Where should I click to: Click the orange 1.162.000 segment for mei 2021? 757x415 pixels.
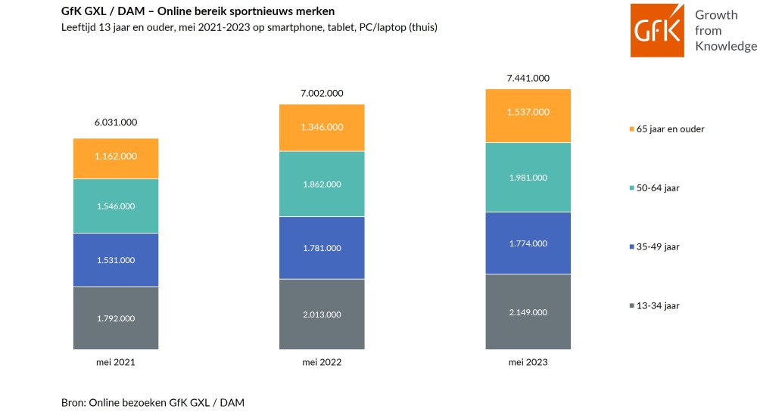pos(116,159)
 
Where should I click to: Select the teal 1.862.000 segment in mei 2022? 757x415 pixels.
pos(322,184)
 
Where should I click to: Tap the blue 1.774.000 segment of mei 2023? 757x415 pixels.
pos(528,243)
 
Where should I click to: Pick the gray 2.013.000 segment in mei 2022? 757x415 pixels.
pos(322,314)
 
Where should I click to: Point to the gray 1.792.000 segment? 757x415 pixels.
pos(116,318)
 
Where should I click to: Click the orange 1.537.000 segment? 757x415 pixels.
pos(528,116)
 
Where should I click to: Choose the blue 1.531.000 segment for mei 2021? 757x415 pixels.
pos(116,260)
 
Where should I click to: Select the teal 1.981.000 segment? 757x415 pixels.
pos(528,178)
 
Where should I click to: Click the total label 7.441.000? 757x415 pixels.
pos(528,78)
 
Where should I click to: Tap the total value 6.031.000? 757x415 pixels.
pos(116,122)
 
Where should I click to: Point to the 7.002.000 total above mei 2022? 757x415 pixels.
pos(322,94)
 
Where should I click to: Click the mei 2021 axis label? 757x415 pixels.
pos(116,362)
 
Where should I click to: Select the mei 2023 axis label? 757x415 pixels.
pos(528,362)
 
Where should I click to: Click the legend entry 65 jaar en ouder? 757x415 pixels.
pos(667,129)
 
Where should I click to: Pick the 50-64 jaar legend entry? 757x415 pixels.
pos(654,188)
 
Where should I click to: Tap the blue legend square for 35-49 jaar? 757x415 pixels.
pos(632,246)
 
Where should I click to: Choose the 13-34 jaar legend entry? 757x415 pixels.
pos(654,305)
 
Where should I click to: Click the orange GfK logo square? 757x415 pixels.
pos(657,30)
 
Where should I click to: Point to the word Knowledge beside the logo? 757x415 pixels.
pos(726,46)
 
